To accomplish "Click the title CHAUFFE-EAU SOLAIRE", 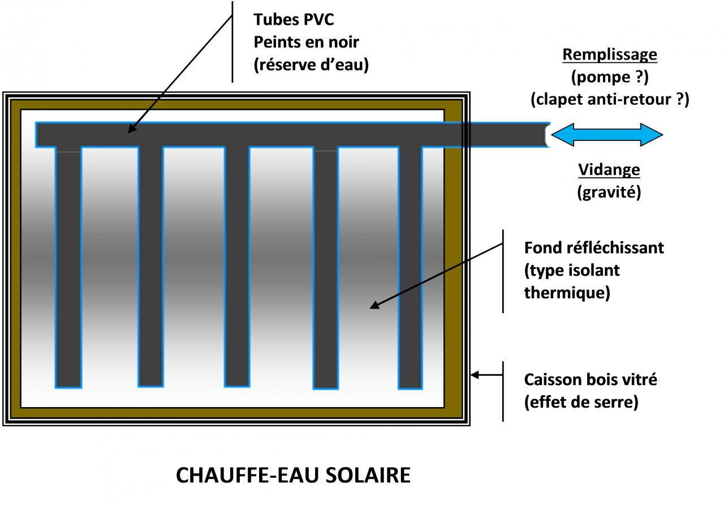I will [293, 475].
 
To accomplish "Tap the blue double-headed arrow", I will [606, 135].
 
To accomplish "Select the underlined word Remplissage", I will [609, 55].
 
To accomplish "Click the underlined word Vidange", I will [609, 170].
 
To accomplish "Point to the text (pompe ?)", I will [609, 77].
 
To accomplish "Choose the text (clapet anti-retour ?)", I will [610, 100].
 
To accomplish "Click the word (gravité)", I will [609, 192].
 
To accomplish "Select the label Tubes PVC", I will [294, 19].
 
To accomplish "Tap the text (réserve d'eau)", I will [311, 65].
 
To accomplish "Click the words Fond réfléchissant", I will [594, 248].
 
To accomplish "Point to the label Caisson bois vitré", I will [591, 379].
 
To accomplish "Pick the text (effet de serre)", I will [581, 403].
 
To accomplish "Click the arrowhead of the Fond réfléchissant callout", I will [373, 306].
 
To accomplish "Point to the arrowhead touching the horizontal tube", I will [130, 130].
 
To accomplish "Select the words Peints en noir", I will [306, 42].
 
